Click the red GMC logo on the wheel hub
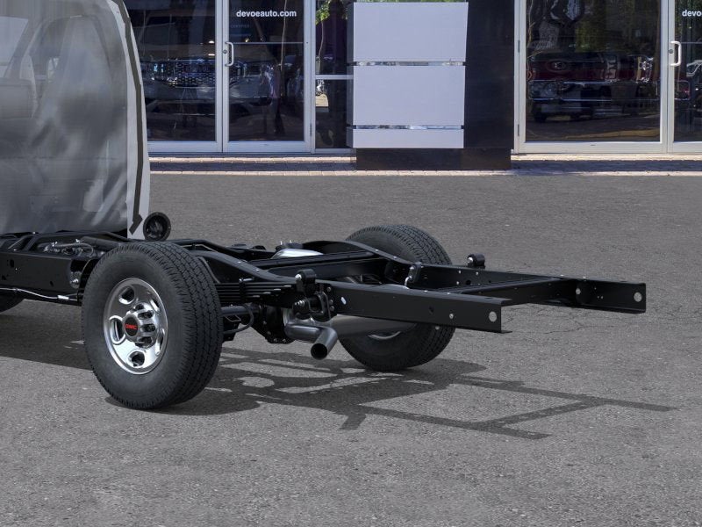pyautogui.click(x=133, y=326)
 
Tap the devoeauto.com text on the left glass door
pyautogui.click(x=266, y=13)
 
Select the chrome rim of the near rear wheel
pyautogui.click(x=135, y=326)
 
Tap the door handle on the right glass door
pyautogui.click(x=675, y=54)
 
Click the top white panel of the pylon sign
pyautogui.click(x=408, y=32)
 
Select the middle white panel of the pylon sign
pyautogui.click(x=408, y=95)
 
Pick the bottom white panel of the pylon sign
pyautogui.click(x=408, y=138)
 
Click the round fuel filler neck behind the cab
pyautogui.click(x=157, y=227)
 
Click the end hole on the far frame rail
pyautogui.click(x=638, y=297)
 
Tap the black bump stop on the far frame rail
pyautogui.click(x=476, y=260)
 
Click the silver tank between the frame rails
pyautogui.click(x=296, y=252)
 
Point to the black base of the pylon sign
pyautogui.click(x=433, y=159)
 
